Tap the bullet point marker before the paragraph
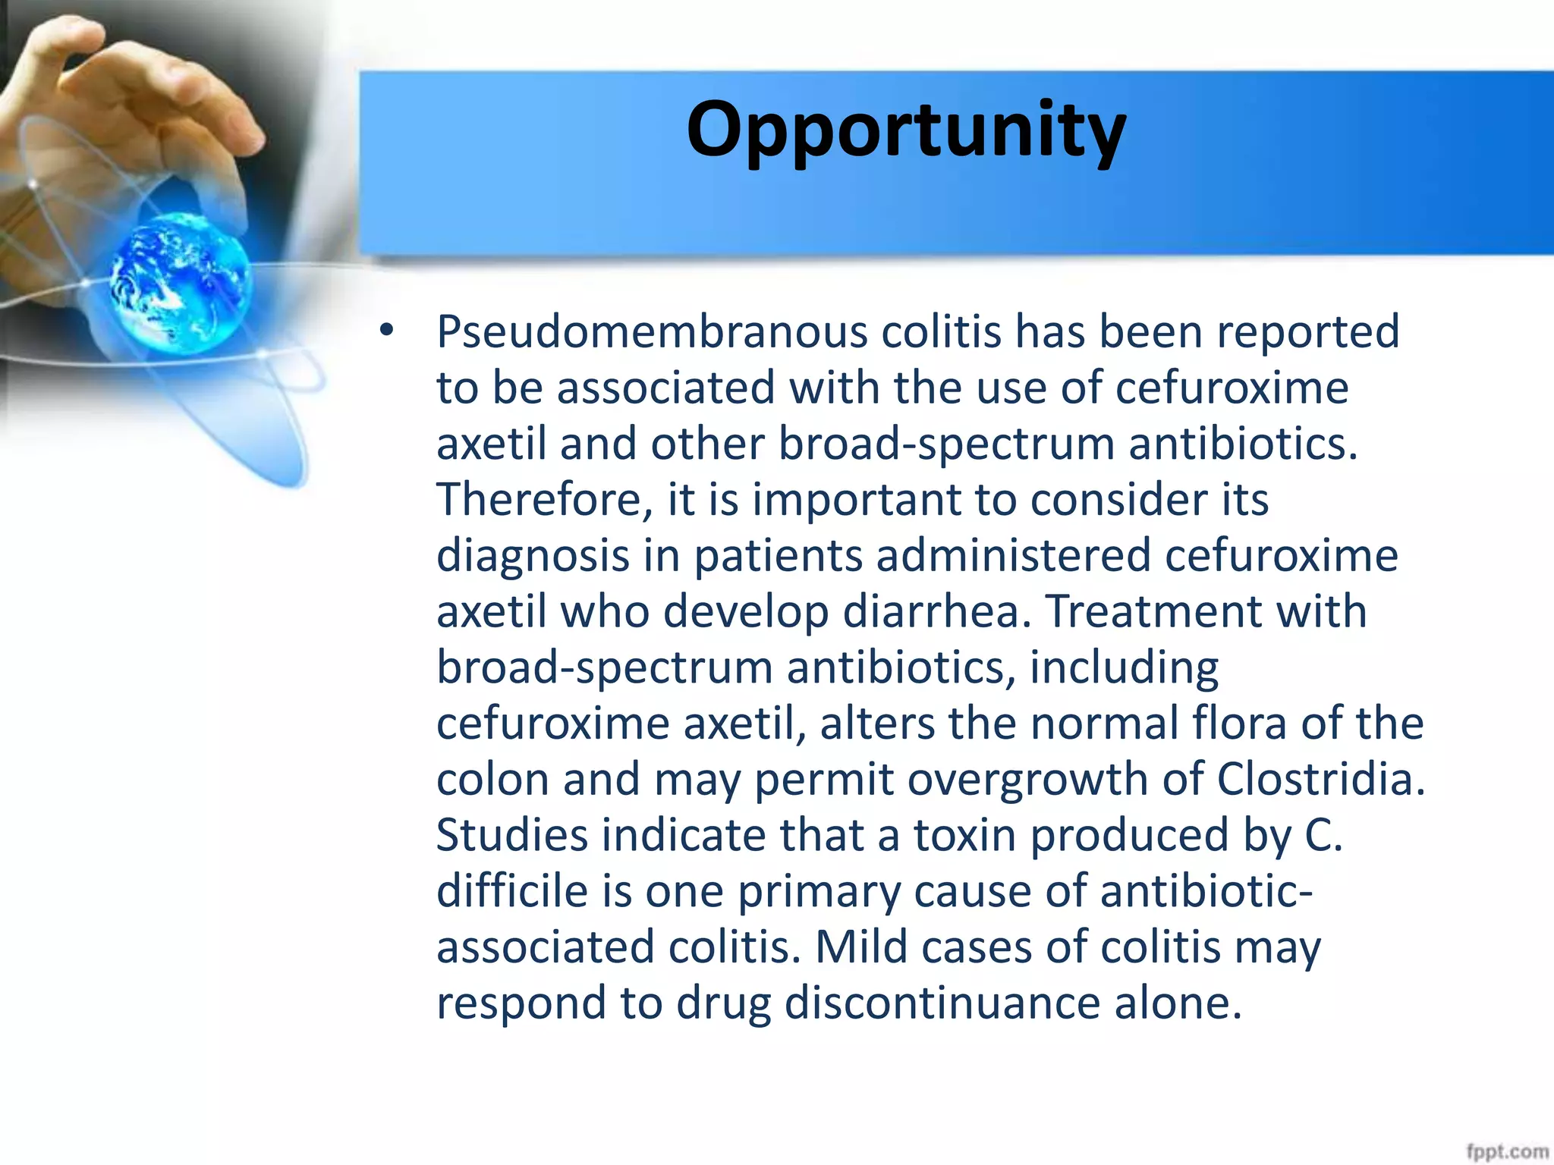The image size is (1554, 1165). [x=387, y=331]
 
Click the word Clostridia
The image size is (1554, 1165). [x=1321, y=780]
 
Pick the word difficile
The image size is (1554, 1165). [x=512, y=891]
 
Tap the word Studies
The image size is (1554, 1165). [x=512, y=835]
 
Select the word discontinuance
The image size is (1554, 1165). [x=942, y=1003]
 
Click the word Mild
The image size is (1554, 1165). [x=861, y=947]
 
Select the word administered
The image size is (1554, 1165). [x=1013, y=556]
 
